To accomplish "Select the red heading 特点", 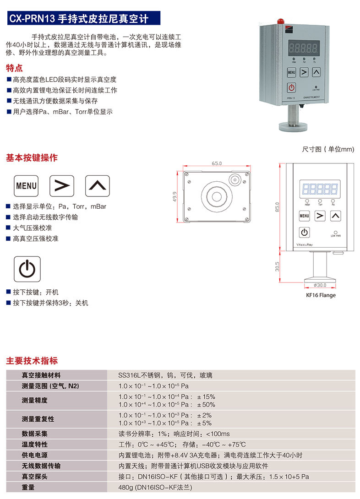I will click(x=14, y=68).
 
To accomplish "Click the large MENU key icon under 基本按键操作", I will click(x=26, y=185).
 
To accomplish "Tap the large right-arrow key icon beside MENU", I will click(x=62, y=185).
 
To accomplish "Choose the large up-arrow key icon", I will click(x=98, y=185).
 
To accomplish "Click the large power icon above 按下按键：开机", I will click(x=27, y=269).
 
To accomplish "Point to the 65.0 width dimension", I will click(x=217, y=163).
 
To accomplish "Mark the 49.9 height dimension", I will click(x=175, y=196).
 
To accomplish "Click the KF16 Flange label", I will click(x=321, y=295).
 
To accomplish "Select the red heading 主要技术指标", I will click(x=32, y=361).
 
